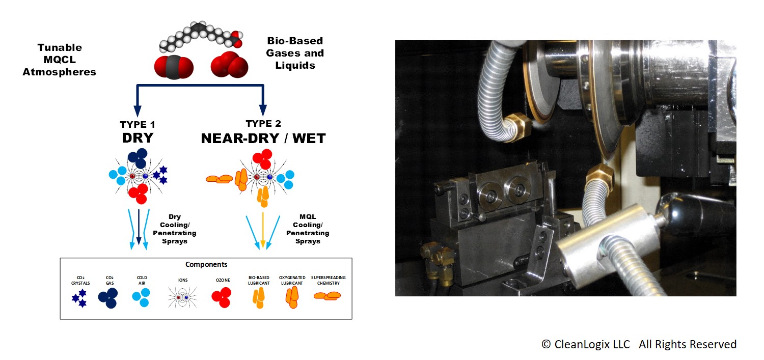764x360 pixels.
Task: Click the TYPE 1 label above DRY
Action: click(x=138, y=125)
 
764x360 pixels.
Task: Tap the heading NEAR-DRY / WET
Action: click(x=263, y=139)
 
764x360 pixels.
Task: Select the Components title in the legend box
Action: click(x=206, y=264)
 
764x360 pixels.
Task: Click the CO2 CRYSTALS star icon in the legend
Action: click(x=79, y=298)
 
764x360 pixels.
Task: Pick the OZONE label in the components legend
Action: click(x=223, y=280)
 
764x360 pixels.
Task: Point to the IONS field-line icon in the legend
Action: click(x=182, y=297)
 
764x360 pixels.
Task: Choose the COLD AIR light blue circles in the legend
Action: click(x=141, y=297)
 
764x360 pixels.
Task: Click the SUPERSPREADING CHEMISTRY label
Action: click(x=328, y=280)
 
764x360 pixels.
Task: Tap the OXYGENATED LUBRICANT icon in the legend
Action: click(x=292, y=297)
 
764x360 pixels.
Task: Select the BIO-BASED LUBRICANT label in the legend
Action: click(x=259, y=280)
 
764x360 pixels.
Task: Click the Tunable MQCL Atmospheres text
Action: click(x=60, y=60)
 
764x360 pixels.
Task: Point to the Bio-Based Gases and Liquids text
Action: click(x=295, y=53)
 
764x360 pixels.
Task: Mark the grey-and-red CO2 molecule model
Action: click(x=174, y=67)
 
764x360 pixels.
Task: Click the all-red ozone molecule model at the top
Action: click(x=229, y=65)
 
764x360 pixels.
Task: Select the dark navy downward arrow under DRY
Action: click(x=139, y=227)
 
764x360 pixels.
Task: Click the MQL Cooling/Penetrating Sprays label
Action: click(x=308, y=229)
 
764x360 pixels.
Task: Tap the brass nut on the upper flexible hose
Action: click(x=517, y=126)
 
